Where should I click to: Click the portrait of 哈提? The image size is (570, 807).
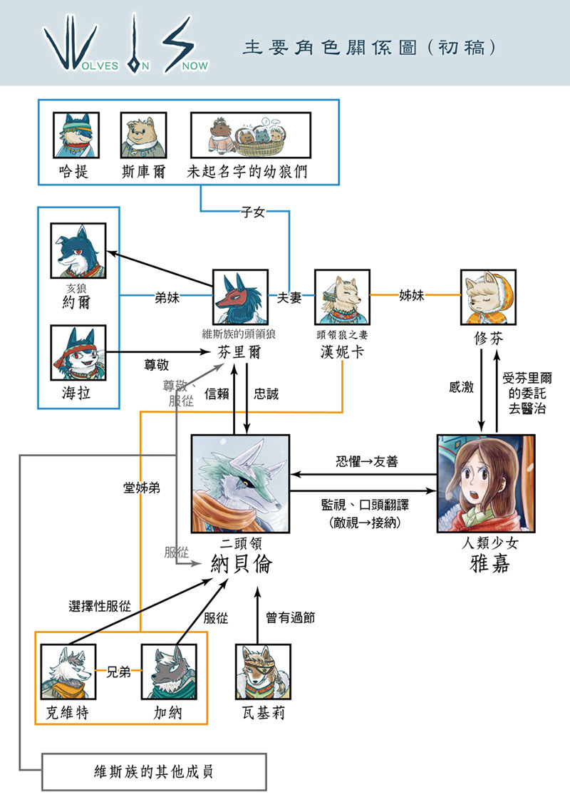pos(76,135)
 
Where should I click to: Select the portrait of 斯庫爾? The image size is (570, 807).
pos(143,135)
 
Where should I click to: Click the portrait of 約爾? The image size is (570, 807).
pos(78,250)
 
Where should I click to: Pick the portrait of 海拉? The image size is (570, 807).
pos(78,352)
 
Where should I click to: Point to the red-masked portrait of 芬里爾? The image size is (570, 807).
pos(240,297)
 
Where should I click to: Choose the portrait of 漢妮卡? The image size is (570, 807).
pos(342,297)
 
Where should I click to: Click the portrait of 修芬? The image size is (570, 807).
pos(488,297)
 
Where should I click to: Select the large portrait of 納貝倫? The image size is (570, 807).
pos(240,483)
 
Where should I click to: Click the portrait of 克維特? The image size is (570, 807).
pos(68,672)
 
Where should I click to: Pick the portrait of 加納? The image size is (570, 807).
pos(168,672)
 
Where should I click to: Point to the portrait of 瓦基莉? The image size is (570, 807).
pos(263,672)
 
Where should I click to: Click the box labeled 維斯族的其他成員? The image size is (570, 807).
pos(154,771)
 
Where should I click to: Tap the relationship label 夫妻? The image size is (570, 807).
pos(289,298)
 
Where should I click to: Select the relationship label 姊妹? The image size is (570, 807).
pos(413,295)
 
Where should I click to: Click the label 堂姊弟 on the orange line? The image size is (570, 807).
pos(140,488)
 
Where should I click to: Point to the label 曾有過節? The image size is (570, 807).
pos(290,618)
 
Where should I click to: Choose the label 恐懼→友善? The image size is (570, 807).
pos(366,462)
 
